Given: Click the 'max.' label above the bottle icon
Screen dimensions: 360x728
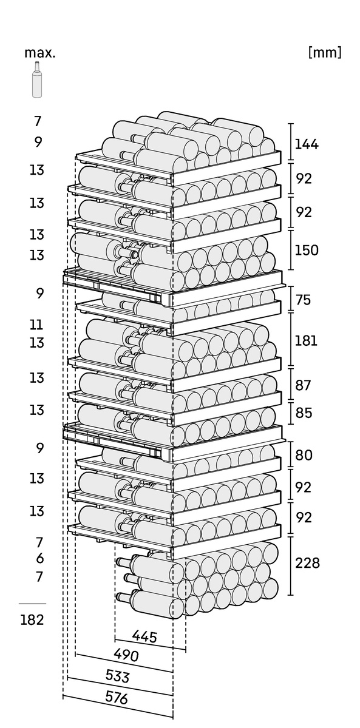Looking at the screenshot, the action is click(40, 53).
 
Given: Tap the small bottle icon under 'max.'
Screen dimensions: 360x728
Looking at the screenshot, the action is click(37, 79).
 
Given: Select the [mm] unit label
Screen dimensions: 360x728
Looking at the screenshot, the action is click(325, 52).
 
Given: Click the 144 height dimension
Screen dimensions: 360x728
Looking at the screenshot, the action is click(307, 144).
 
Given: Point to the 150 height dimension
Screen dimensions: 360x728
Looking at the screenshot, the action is click(307, 250).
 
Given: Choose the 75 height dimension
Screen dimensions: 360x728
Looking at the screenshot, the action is click(304, 300).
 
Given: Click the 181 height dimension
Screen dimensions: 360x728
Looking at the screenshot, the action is click(306, 340).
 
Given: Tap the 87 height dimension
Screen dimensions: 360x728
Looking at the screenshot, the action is click(304, 385).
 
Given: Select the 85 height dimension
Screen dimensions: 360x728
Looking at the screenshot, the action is click(304, 413).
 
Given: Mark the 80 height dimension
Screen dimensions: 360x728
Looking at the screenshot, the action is click(304, 455).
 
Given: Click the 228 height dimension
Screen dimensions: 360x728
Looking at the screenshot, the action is click(307, 563).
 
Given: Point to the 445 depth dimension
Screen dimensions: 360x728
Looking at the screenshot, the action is click(144, 637).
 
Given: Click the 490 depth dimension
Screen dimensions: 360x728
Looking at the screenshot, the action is click(126, 656).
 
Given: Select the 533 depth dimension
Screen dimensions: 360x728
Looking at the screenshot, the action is click(117, 676).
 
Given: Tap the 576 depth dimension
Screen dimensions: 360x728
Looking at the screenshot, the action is click(117, 698).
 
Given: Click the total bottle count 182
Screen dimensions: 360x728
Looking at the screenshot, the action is click(32, 620).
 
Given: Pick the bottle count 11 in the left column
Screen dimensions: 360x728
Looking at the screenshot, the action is click(36, 325).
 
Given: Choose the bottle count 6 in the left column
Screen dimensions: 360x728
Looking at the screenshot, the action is click(39, 558).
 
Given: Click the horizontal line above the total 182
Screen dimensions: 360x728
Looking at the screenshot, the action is click(32, 604).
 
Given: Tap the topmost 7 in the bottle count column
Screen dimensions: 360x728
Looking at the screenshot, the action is click(38, 121).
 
